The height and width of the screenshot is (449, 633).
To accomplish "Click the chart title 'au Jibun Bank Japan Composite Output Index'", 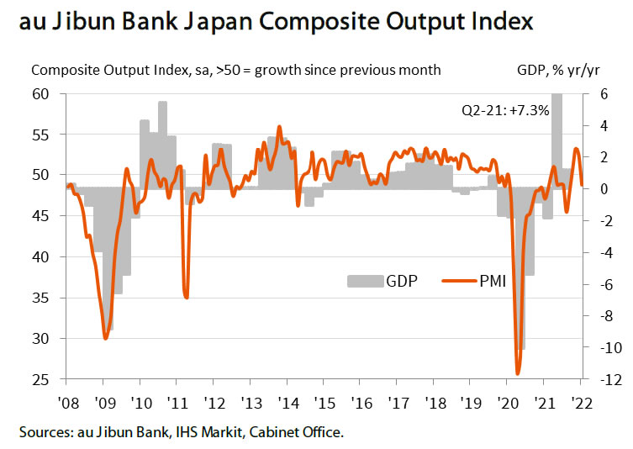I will coord(275,20).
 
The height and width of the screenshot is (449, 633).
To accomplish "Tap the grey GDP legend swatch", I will coord(365,280).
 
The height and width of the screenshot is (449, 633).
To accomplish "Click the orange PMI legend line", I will coord(458,280).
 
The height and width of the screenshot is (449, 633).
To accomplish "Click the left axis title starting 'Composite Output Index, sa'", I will coord(235,71).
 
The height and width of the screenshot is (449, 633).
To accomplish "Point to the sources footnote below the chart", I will coord(181,433).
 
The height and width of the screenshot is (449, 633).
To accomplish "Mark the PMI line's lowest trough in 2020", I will coord(518,373).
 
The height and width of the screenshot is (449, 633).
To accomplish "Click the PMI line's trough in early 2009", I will coord(105,338).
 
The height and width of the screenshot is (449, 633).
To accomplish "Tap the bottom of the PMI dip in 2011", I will coord(187,297).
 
